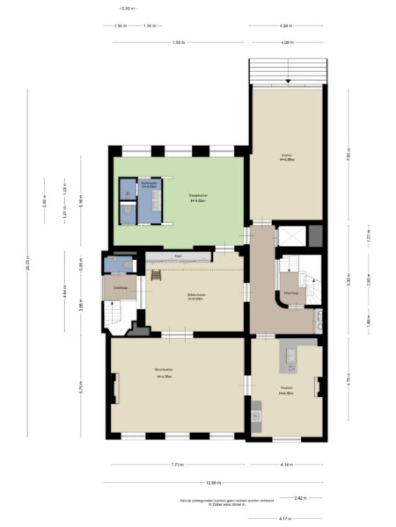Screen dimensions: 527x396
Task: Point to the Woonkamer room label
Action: point(164,371)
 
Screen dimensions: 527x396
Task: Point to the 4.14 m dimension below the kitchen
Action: point(286,465)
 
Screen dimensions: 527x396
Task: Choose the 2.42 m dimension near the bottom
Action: point(300,497)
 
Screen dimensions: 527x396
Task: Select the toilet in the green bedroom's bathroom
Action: point(128,210)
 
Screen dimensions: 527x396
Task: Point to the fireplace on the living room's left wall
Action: point(114,386)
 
